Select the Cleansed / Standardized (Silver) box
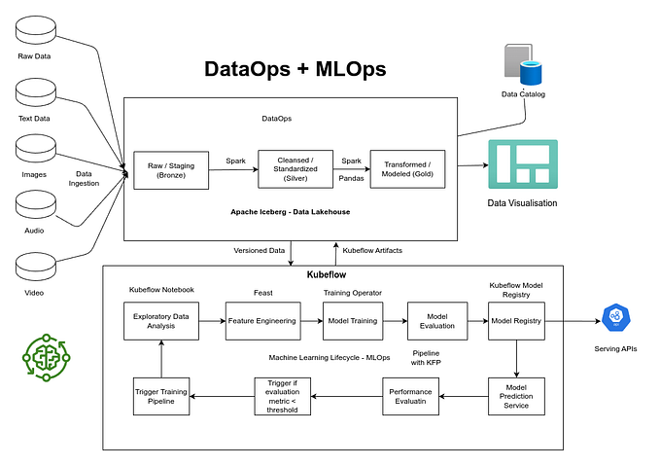295,169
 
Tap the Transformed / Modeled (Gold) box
408,169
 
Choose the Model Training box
353,320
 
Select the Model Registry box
517,320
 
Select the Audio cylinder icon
35,205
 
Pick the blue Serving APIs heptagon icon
615,318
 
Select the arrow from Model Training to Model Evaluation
394,320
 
